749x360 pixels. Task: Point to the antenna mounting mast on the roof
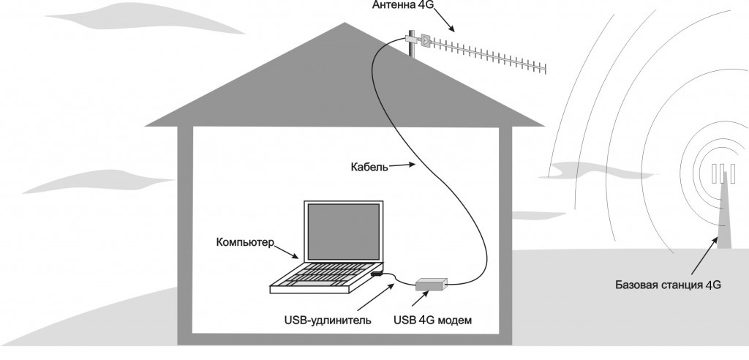[x=411, y=45]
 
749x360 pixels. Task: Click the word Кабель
[x=369, y=166]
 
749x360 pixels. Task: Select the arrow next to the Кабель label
[x=399, y=168]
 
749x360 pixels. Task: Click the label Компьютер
[x=245, y=242]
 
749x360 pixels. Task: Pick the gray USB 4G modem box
[x=432, y=284]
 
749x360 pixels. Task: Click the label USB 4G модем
[x=432, y=319]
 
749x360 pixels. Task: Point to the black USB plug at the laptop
[x=377, y=273]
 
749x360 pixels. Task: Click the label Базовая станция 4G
[x=669, y=285]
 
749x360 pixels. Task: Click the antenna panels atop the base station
[x=722, y=174]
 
